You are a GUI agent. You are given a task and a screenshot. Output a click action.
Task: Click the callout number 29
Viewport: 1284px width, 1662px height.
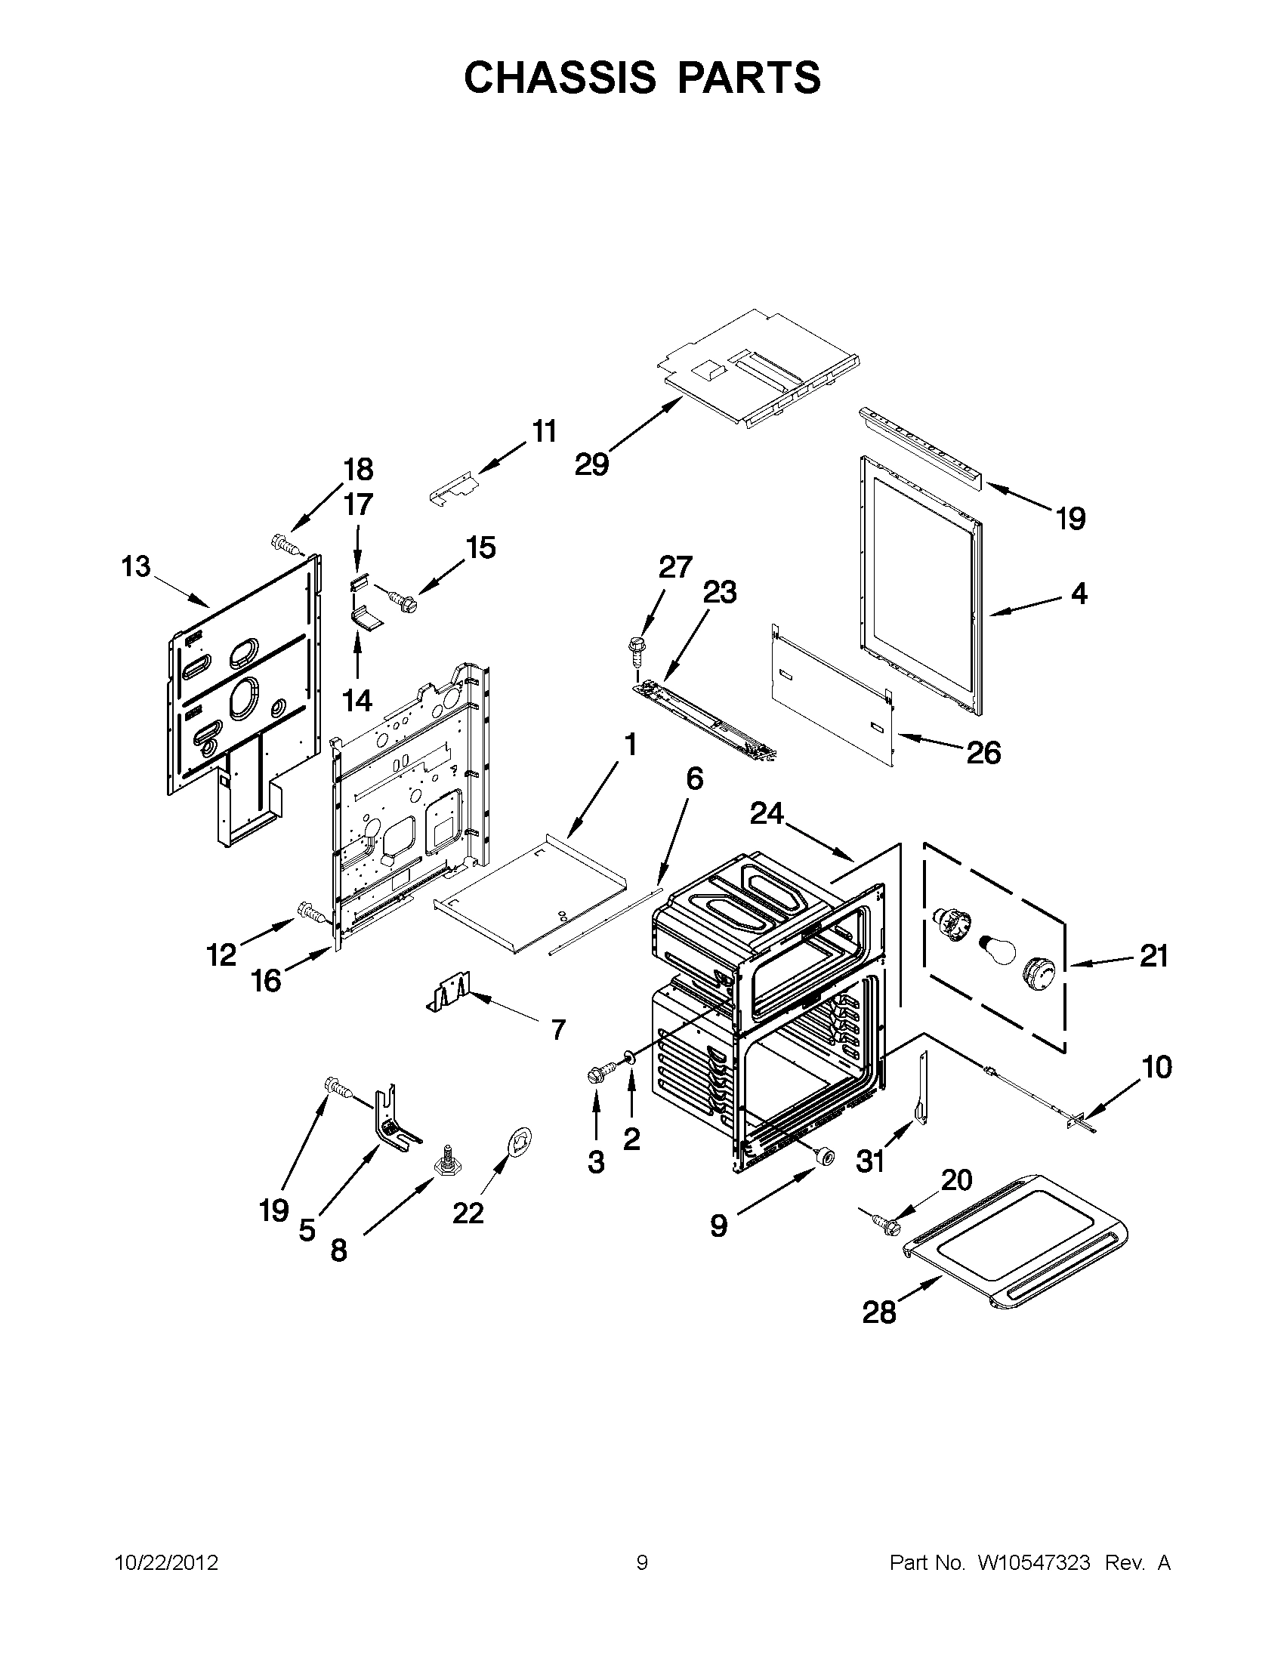click(591, 464)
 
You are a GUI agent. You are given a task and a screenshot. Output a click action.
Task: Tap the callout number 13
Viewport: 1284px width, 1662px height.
click(136, 567)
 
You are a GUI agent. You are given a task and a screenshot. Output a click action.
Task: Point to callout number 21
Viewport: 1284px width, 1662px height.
click(1153, 956)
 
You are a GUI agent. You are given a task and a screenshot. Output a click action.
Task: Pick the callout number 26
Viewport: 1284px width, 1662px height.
click(983, 753)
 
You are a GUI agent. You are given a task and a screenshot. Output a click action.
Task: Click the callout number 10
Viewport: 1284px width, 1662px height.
click(1157, 1067)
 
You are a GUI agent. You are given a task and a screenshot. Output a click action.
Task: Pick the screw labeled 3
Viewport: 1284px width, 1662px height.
click(596, 1076)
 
